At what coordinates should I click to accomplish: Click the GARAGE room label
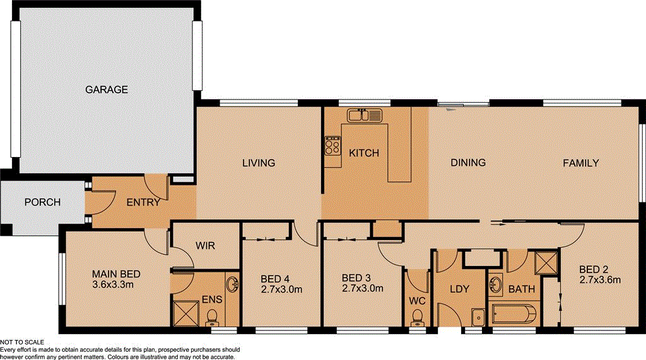pyautogui.click(x=107, y=90)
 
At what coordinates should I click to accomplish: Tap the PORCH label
pyautogui.click(x=42, y=202)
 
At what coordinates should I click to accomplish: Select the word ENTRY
pyautogui.click(x=143, y=202)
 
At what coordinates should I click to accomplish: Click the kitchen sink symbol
pyautogui.click(x=365, y=115)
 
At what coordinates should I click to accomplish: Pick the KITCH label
pyautogui.click(x=364, y=153)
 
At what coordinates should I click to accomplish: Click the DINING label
pyautogui.click(x=468, y=163)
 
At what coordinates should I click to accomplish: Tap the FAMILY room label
pyautogui.click(x=580, y=163)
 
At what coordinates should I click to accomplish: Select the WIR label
pyautogui.click(x=206, y=245)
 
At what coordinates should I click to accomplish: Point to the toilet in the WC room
pyautogui.click(x=417, y=323)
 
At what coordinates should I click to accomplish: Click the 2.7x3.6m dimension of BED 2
pyautogui.click(x=601, y=280)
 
